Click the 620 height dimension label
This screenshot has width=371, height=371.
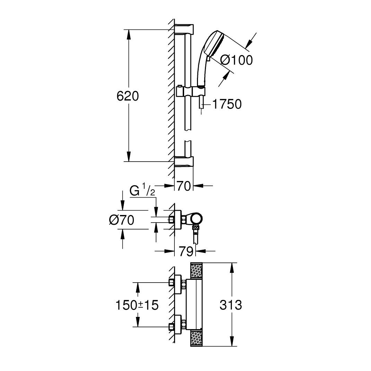pos(128,96)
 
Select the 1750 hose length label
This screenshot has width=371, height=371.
pos(226,104)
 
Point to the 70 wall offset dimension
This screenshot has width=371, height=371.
pos(184,186)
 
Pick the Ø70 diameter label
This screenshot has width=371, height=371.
pos(121,220)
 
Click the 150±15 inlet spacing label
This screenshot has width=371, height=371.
pos(137,305)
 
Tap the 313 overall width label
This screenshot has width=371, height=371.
pos(231,305)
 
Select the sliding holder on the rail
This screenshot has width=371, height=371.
pos(190,92)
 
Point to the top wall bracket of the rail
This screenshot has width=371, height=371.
pos(184,29)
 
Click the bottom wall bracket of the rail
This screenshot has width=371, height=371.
pos(184,162)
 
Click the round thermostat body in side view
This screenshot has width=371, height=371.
pos(197,219)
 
